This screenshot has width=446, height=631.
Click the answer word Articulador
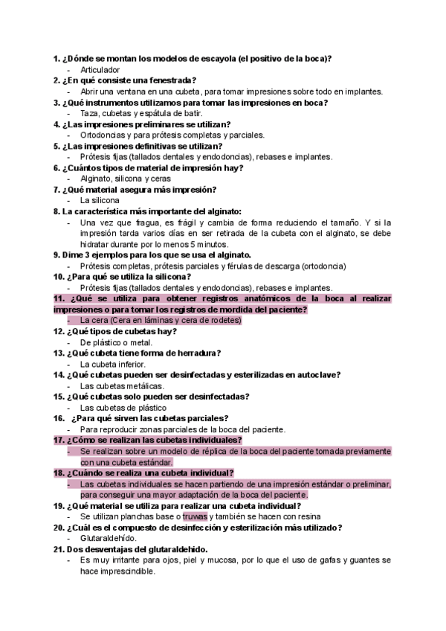pyautogui.click(x=100, y=69)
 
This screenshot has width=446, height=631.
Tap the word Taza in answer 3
pyautogui.click(x=89, y=113)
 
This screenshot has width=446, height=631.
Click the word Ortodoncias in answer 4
pyautogui.click(x=103, y=135)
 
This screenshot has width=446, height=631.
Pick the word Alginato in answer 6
pyautogui.click(x=96, y=179)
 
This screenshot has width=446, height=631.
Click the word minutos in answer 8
pyautogui.click(x=214, y=244)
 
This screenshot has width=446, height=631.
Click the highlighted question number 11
pyautogui.click(x=58, y=298)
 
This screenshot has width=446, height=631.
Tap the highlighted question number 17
pyautogui.click(x=58, y=440)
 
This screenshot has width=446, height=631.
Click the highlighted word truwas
pyautogui.click(x=195, y=516)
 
